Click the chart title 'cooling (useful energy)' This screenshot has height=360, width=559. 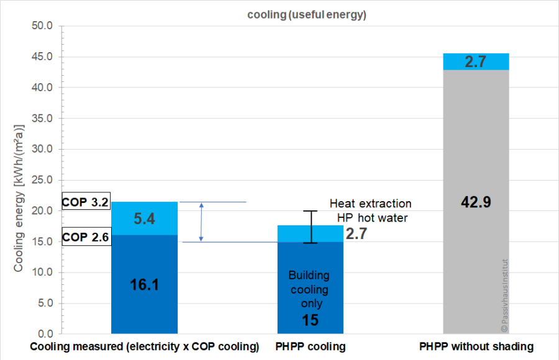point(304,16)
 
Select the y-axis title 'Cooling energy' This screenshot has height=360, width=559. point(19,198)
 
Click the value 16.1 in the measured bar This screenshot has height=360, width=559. point(144,285)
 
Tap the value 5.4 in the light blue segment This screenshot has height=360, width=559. point(144,218)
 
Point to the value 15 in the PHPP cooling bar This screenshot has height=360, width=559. point(309,321)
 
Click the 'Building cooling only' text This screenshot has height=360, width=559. point(309,290)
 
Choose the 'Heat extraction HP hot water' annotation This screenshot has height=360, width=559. point(370,210)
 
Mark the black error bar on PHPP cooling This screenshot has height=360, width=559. point(314,227)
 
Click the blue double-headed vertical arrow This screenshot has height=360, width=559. point(201,222)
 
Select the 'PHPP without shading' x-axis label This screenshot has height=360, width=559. point(476,346)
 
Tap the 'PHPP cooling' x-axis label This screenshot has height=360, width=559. point(310,346)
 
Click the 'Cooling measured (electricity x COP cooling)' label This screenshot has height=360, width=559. point(145,346)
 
